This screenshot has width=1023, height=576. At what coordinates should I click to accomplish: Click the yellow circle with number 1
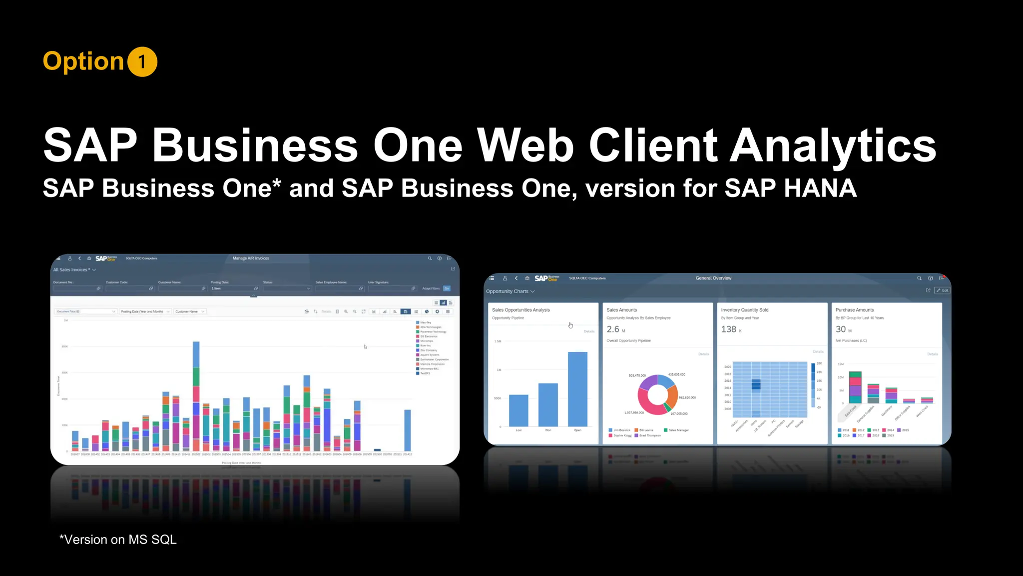coord(142,62)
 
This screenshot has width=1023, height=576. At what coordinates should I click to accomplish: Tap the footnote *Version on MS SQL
coord(118,540)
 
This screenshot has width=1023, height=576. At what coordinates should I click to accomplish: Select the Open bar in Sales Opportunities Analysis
coord(577,389)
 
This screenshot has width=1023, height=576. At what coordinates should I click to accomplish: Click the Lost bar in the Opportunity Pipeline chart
coord(518,410)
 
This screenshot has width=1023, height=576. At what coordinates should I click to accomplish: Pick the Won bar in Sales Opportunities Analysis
coord(548,404)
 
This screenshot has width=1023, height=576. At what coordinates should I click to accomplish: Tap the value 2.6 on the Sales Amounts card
coord(613,329)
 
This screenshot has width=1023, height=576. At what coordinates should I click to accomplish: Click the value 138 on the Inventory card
coord(729,329)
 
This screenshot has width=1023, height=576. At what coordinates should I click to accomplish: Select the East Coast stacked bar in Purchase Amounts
coord(855,387)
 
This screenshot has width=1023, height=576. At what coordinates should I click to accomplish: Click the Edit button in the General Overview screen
coord(943,290)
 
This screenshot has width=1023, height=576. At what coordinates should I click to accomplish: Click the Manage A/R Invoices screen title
coord(251,258)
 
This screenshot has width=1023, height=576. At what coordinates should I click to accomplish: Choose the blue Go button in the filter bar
coord(447,288)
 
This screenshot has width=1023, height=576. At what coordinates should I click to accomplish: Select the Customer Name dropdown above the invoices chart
coord(190,311)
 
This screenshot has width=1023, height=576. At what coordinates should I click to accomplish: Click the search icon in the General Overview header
coord(919,278)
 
